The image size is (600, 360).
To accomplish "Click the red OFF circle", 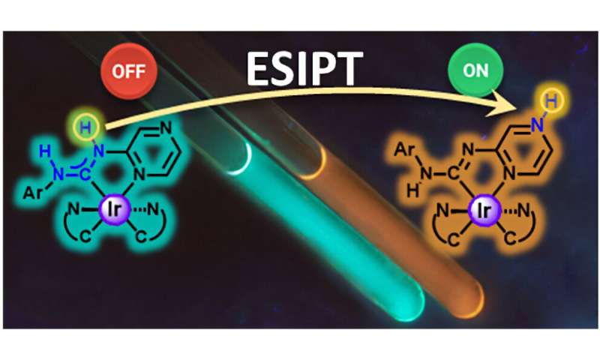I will coord(129,72).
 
